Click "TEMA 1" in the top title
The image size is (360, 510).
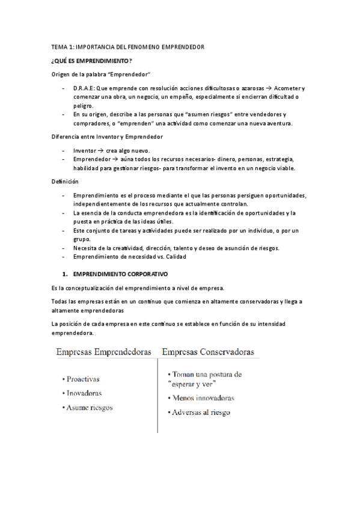click(61, 46)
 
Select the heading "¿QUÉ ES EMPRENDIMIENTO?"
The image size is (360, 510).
click(91, 60)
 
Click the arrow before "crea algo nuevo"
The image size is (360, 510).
click(100, 150)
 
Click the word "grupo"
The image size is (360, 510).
click(82, 239)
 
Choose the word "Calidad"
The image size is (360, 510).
click(174, 257)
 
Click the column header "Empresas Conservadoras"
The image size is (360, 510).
click(207, 351)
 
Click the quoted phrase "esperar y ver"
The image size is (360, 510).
click(192, 383)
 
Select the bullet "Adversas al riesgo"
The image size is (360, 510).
click(201, 413)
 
